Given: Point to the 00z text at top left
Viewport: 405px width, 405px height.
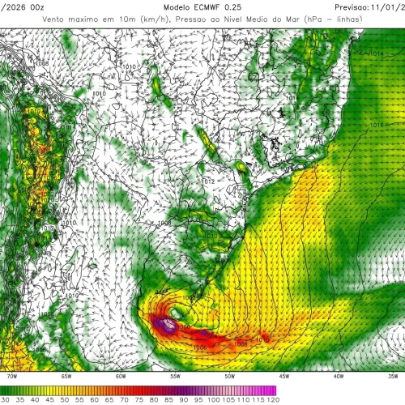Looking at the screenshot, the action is tap(36, 6).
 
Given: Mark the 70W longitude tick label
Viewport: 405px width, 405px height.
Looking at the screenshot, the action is tap(11, 375).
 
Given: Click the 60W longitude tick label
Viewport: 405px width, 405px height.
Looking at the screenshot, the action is tap(121, 375).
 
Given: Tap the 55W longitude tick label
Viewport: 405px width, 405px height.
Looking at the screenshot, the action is tap(175, 375).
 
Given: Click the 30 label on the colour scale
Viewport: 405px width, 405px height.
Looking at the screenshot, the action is tap(6, 399).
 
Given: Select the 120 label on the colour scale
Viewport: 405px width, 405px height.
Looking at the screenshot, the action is tap(272, 399).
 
